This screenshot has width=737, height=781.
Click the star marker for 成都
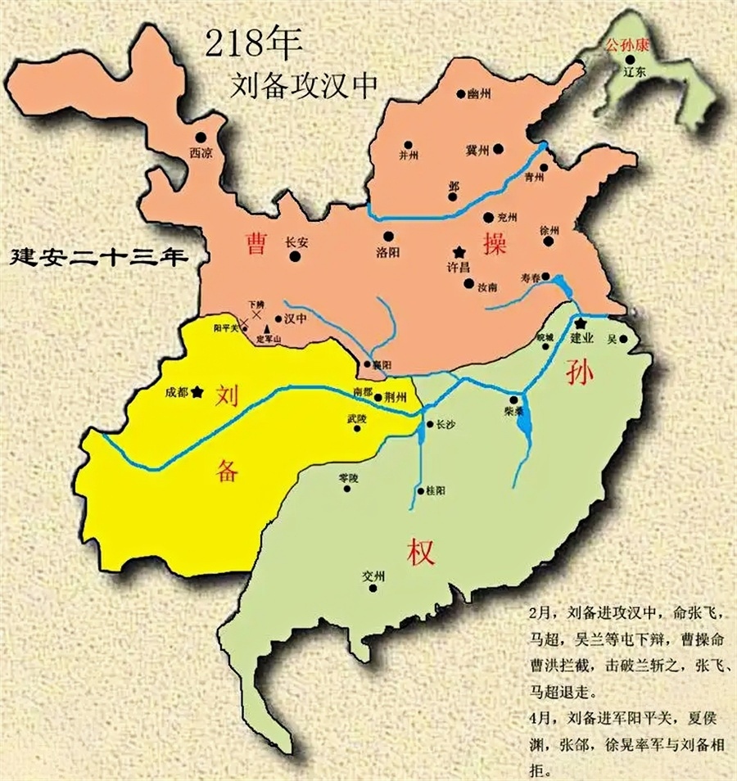[x=197, y=392]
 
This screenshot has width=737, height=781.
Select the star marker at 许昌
[x=460, y=251]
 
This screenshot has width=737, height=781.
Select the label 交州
[x=373, y=576]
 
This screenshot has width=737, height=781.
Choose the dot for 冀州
[x=498, y=149]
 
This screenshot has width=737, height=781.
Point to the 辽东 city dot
[x=630, y=59]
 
